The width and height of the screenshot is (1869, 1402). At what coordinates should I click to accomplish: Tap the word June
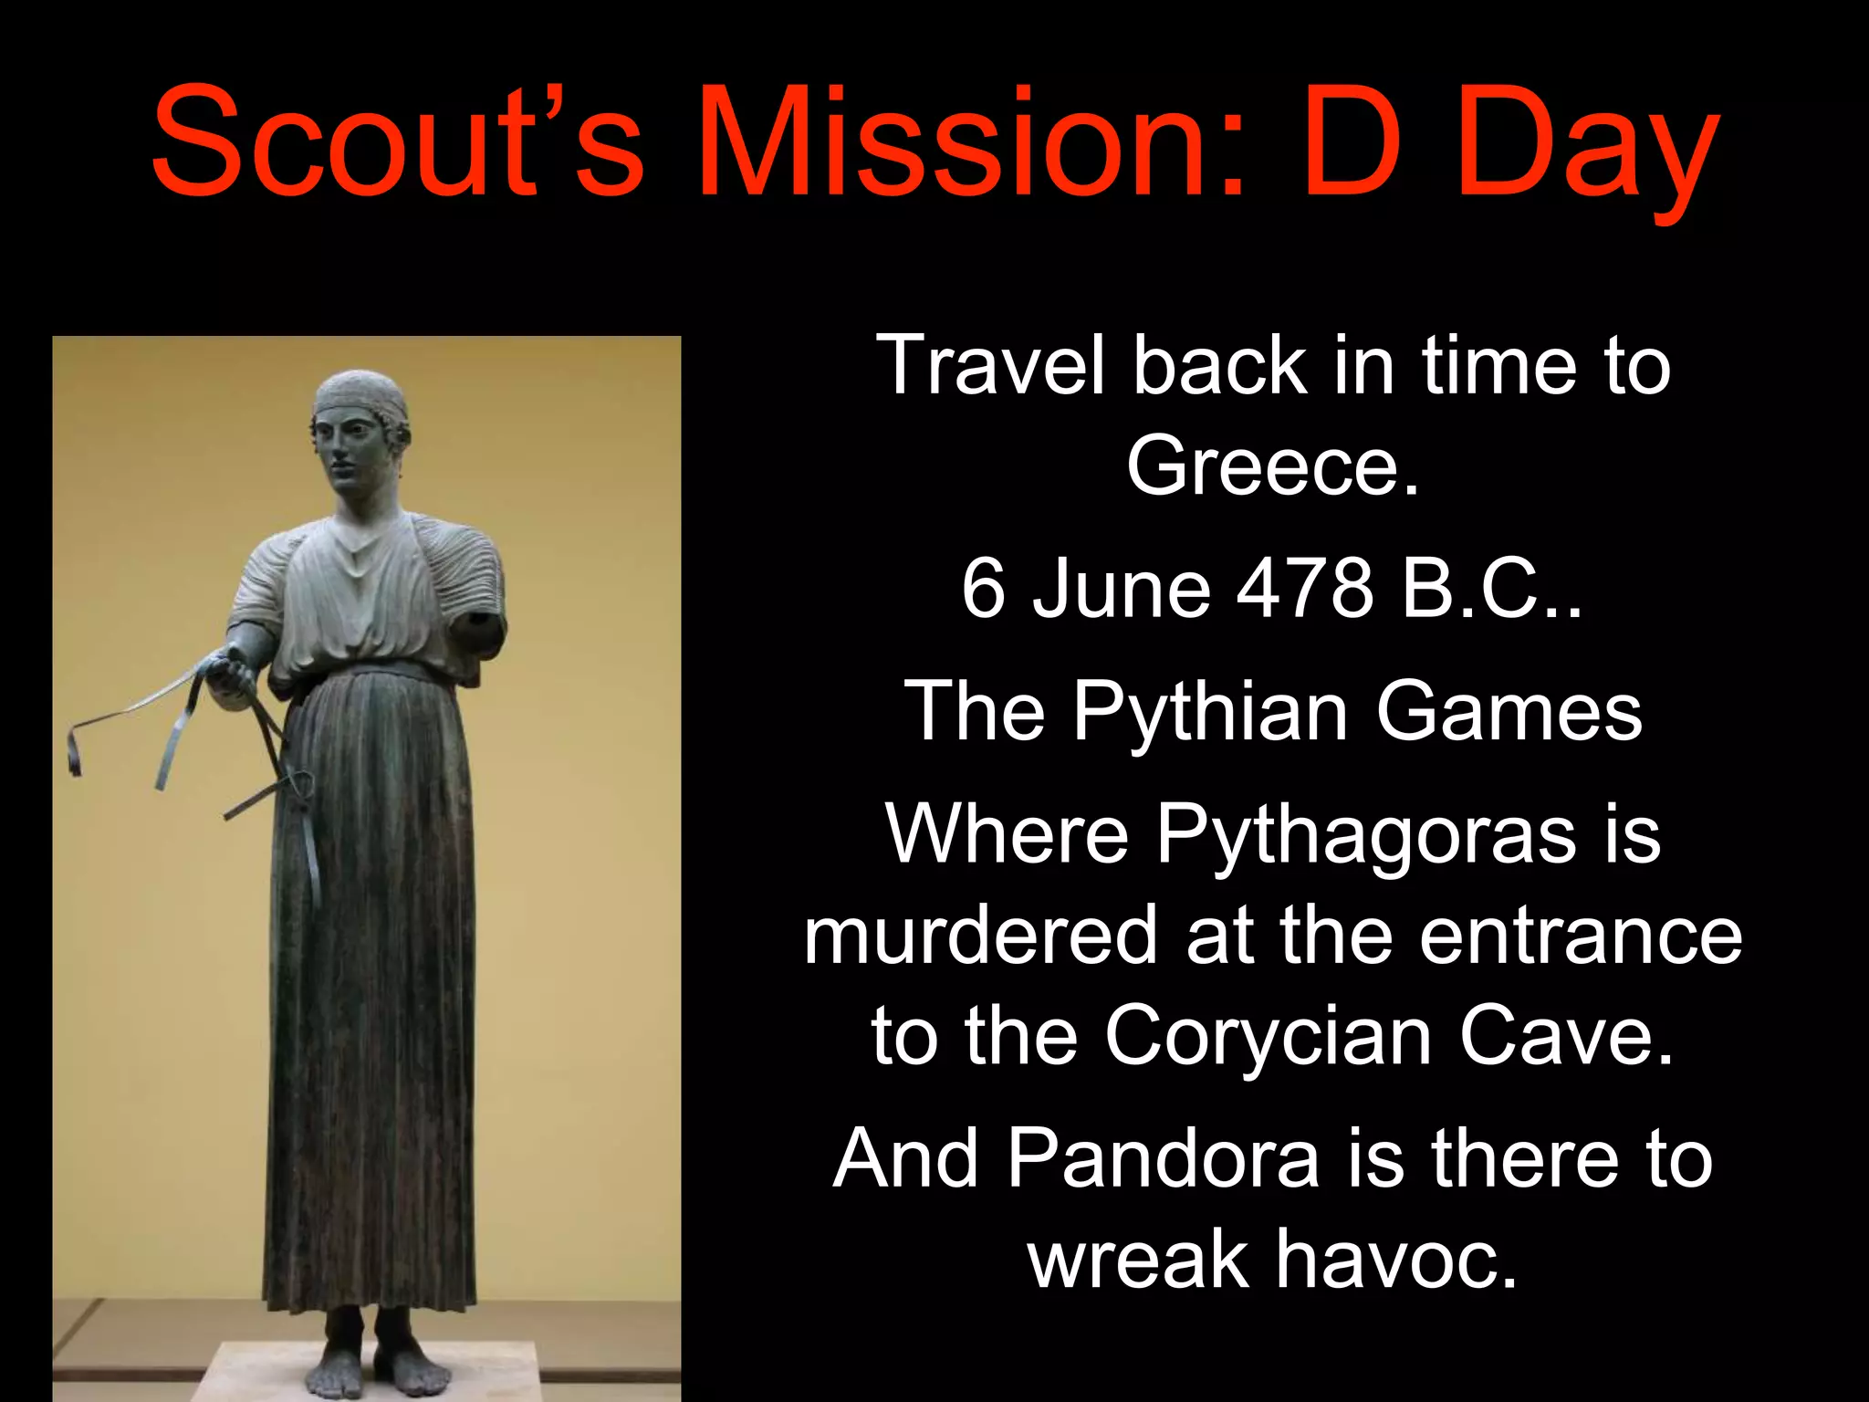(1122, 589)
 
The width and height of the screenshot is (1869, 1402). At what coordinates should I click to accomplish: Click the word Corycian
(1268, 1036)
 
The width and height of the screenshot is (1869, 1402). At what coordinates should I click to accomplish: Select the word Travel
(989, 365)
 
